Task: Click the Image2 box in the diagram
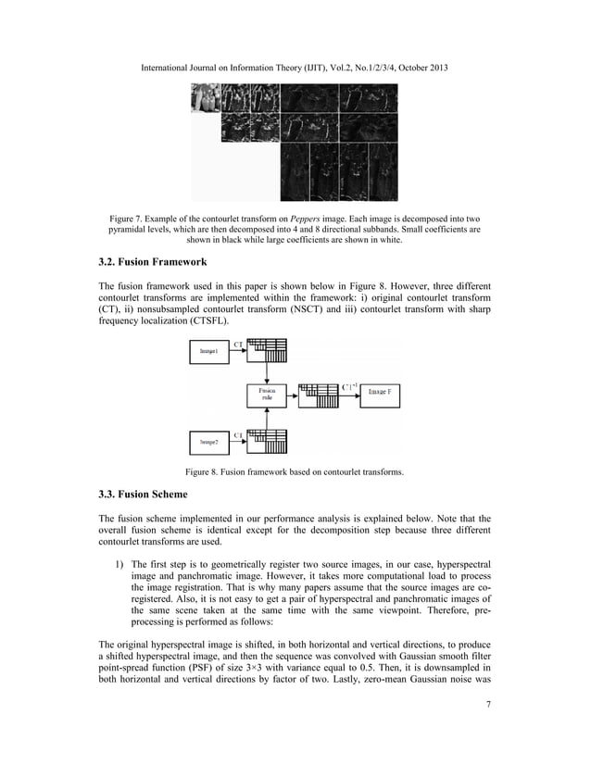point(209,443)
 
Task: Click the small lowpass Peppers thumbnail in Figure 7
point(205,98)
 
